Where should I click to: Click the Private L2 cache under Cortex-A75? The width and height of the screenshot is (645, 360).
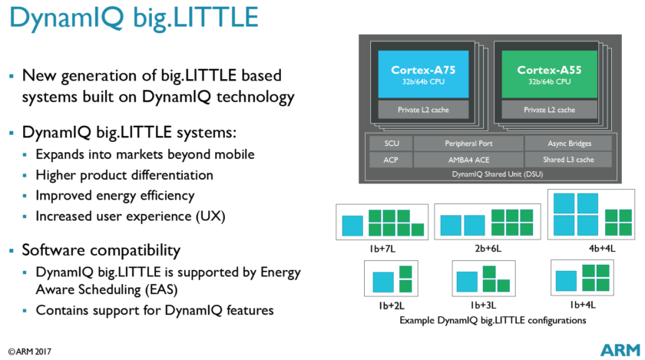(423, 110)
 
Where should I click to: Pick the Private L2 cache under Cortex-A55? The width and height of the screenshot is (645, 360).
(549, 110)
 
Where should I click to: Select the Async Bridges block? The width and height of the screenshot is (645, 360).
(569, 144)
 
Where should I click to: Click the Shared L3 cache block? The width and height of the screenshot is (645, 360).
(569, 160)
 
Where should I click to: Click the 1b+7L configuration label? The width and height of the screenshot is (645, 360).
(382, 249)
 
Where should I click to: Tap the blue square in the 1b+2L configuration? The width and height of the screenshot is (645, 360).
(382, 282)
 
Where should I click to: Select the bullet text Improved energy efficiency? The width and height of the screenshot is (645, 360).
(114, 195)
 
